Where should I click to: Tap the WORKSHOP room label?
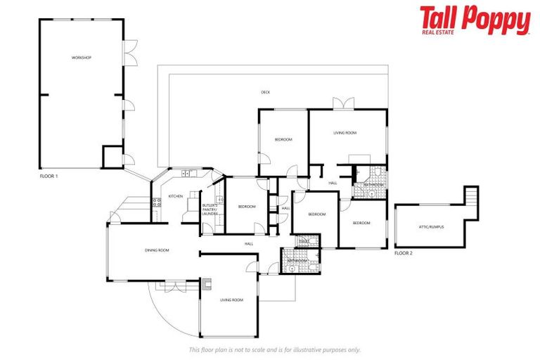tap(82, 57)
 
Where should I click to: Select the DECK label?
tap(265, 92)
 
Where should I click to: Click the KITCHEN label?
tap(176, 196)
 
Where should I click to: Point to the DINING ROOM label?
tap(157, 250)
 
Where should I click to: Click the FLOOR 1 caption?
tap(49, 176)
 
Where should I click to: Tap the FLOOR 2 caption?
tap(404, 252)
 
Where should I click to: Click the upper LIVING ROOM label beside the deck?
tap(345, 133)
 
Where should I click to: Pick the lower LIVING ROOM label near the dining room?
tap(231, 300)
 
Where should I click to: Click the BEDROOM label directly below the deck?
tap(283, 139)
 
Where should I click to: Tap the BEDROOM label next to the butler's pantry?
tap(246, 206)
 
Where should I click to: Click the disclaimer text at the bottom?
tap(274, 349)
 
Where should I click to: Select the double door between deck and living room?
tap(343, 105)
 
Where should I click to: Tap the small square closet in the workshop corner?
tap(112, 157)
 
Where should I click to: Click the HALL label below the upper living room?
tap(333, 183)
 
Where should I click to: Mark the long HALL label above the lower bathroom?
tap(249, 243)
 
